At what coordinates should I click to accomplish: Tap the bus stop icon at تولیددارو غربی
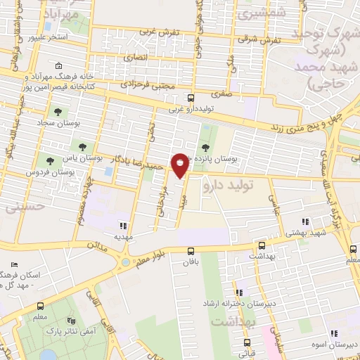190,98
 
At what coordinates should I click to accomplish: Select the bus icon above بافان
191,251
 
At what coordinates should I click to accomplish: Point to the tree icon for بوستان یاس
82,147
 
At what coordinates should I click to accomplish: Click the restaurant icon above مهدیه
124,226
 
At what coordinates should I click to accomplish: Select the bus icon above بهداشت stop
262,246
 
